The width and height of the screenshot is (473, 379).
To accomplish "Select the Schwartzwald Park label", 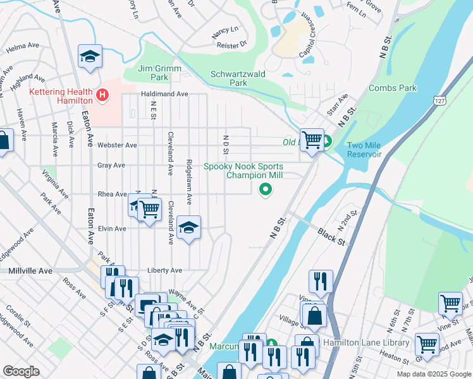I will (x=238, y=78).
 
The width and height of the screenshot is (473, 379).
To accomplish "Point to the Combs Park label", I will (x=392, y=88).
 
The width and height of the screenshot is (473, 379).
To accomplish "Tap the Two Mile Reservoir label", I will (x=364, y=150).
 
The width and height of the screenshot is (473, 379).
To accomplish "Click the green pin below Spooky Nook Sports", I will (x=266, y=188).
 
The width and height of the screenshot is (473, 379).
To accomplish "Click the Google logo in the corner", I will (x=21, y=371).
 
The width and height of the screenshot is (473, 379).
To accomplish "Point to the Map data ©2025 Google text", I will (x=433, y=374).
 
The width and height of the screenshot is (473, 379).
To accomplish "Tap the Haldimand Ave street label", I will (x=164, y=94).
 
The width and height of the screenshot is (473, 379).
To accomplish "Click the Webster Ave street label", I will (x=117, y=145).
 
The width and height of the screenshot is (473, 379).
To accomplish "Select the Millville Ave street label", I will (x=30, y=270).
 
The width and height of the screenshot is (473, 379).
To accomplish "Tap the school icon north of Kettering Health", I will (x=90, y=57).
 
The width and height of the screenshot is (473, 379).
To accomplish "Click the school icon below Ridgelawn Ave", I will (x=188, y=227).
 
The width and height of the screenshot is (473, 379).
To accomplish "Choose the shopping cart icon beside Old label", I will (x=312, y=139).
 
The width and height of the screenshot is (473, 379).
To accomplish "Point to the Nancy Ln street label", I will (x=225, y=29).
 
